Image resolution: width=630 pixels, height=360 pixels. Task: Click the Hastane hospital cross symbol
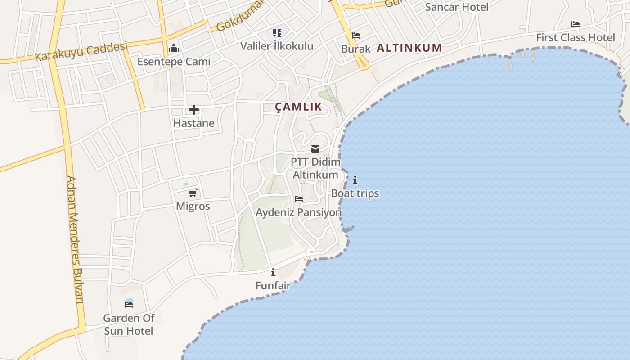click(x=194, y=110)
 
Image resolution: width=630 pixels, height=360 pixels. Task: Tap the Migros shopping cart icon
click(x=193, y=193)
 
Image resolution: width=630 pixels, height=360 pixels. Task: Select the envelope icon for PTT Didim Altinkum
click(x=315, y=149)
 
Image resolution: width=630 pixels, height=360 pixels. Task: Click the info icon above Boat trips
click(x=355, y=180)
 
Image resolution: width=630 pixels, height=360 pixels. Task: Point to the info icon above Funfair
click(x=273, y=272)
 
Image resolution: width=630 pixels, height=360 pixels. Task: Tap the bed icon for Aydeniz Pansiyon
click(x=298, y=199)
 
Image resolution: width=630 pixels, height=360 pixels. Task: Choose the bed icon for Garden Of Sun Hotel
click(x=129, y=304)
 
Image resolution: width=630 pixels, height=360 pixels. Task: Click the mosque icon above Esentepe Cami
click(x=174, y=49)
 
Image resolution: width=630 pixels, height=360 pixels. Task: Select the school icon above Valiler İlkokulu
click(x=277, y=33)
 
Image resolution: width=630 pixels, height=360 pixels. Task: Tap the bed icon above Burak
click(x=356, y=36)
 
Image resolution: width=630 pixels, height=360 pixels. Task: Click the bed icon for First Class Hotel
click(x=575, y=24)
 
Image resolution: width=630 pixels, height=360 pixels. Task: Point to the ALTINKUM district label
click(x=409, y=48)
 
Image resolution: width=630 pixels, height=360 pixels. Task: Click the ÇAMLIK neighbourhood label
click(x=298, y=107)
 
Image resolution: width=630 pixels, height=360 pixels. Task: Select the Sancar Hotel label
click(x=457, y=7)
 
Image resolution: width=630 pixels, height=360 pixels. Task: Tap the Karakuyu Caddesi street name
click(x=81, y=51)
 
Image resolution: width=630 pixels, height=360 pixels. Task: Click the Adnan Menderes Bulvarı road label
click(x=75, y=239)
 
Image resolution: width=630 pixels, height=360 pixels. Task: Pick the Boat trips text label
click(x=355, y=193)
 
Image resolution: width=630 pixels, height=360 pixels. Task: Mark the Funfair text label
click(x=273, y=285)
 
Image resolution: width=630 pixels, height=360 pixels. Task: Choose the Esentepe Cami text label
click(x=174, y=62)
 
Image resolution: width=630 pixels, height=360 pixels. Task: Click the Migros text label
click(x=193, y=207)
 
